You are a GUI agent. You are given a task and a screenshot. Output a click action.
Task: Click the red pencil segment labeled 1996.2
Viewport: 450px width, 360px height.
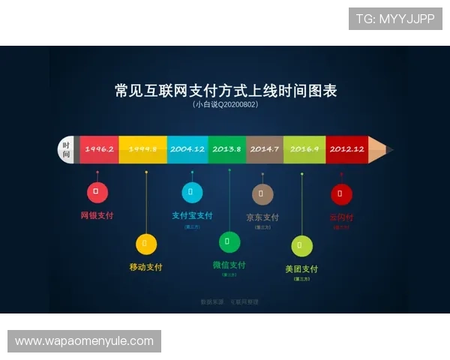[99, 149]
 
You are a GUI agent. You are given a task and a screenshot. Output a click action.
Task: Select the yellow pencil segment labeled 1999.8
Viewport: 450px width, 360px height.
[142, 149]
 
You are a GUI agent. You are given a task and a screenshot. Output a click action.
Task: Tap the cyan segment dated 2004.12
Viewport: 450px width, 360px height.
[187, 149]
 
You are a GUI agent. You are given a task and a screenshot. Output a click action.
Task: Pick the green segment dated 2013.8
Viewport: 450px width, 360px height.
[226, 149]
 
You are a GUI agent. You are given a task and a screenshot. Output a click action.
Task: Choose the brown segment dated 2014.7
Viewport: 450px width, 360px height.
[264, 149]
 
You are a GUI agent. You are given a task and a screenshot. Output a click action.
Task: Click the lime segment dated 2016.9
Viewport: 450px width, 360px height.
[304, 149]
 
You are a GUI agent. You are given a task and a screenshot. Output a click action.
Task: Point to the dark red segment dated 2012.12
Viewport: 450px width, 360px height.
[346, 149]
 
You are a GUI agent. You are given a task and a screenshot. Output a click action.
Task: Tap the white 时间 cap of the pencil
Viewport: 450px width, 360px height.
[67, 149]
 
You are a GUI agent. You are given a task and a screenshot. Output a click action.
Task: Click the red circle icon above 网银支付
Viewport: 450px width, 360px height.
[97, 192]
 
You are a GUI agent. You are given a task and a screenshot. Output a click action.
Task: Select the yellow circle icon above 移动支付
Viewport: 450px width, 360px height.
[145, 244]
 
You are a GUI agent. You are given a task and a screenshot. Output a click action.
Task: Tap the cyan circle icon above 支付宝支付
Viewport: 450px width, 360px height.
[192, 192]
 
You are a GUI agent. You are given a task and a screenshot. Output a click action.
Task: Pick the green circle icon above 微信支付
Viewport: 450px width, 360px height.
[229, 242]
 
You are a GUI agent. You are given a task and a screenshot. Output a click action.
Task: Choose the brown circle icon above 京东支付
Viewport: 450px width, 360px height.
[262, 194]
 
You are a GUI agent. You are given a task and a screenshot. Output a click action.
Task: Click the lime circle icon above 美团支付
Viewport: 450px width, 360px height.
[301, 245]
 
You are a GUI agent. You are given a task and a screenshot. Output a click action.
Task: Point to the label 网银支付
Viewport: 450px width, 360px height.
[97, 215]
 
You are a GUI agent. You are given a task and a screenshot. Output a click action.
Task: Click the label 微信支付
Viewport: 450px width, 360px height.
[229, 265]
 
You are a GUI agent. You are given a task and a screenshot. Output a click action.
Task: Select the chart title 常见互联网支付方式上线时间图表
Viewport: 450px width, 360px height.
[225, 91]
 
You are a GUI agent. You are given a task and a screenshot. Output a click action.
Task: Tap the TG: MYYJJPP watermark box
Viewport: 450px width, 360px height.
[395, 19]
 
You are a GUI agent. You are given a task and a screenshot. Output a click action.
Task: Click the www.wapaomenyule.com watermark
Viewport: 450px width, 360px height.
[84, 341]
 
